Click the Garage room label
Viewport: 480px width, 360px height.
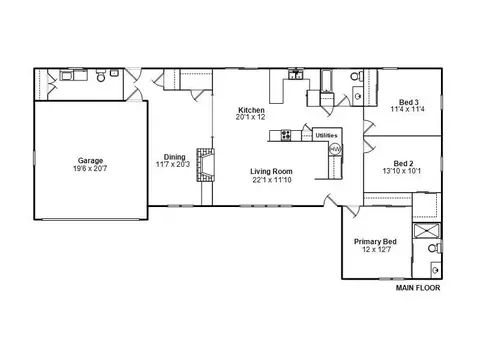coord(90,161)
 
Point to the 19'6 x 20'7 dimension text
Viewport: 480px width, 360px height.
coord(90,169)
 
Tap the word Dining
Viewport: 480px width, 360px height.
coord(174,157)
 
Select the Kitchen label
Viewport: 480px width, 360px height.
coord(251,110)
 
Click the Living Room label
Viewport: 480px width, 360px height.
coord(271,171)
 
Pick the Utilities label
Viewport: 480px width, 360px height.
coord(326,135)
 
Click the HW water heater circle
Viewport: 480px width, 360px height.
coord(335,149)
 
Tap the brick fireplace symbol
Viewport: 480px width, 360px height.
coord(205,165)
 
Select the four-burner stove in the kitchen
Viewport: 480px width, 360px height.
coord(286,135)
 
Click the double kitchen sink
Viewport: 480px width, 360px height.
coord(296,75)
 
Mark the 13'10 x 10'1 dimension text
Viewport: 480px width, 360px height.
coord(402,171)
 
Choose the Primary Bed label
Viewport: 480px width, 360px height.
coord(375,242)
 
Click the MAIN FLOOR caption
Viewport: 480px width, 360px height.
coord(418,288)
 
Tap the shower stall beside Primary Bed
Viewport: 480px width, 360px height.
coord(426,231)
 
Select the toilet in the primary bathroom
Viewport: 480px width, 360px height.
coord(435,248)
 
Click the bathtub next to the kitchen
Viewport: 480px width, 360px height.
coord(326,81)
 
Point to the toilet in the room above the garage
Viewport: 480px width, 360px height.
coord(101,76)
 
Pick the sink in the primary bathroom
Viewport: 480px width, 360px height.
coord(436,269)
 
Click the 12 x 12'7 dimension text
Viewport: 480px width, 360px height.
coord(376,249)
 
